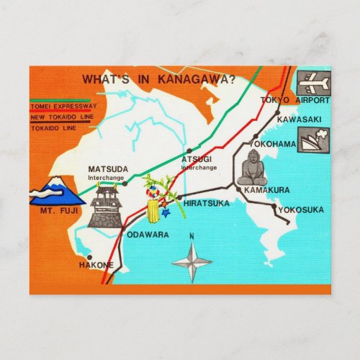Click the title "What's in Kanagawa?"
coord(159,79)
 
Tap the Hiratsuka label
coord(206,204)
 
